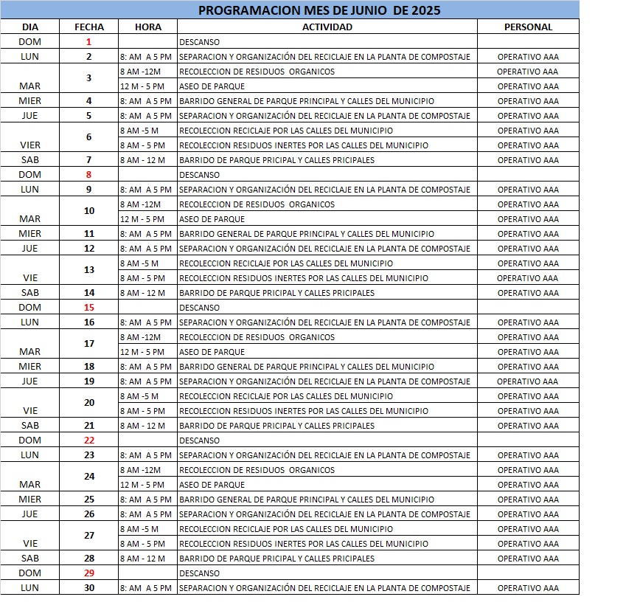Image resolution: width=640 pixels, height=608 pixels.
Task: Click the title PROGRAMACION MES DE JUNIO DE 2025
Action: [x=319, y=10]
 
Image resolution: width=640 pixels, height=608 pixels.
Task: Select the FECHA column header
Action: [x=89, y=27]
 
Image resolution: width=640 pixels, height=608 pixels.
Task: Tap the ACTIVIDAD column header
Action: [x=327, y=27]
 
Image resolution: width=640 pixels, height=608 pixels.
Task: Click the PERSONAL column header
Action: [x=528, y=27]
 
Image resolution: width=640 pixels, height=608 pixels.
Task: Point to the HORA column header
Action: [x=148, y=27]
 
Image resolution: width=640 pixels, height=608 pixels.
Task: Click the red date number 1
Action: [x=89, y=42]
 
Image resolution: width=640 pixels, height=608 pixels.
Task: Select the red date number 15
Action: [x=89, y=308]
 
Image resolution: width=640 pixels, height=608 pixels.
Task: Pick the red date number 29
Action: [x=89, y=573]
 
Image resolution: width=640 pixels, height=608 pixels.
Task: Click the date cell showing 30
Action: [x=89, y=588]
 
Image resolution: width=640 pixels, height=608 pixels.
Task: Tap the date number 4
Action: [x=89, y=101]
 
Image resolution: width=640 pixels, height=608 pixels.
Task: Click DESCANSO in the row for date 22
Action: [x=199, y=441]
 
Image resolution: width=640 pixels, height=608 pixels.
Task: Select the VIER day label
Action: [x=30, y=145]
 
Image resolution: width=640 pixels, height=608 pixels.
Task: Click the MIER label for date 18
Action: [x=30, y=367]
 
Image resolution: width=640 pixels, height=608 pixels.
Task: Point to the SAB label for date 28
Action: [x=30, y=559]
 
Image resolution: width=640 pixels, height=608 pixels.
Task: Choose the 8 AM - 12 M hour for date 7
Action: [x=142, y=160]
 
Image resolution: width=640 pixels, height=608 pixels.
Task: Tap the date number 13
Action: [x=89, y=270]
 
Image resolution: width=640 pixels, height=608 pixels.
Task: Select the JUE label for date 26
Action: [x=30, y=514]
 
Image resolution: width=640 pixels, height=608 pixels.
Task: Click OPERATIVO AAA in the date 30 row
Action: [x=528, y=588]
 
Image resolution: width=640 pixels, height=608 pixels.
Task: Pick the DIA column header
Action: [x=30, y=27]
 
